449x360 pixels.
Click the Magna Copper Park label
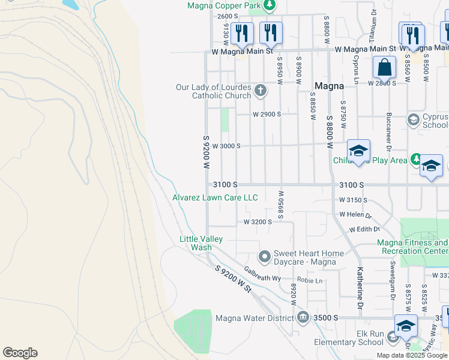pyautogui.click(x=224, y=5)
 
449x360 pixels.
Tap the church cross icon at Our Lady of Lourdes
pyautogui.click(x=260, y=91)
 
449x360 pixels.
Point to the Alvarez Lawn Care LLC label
pyautogui.click(x=215, y=197)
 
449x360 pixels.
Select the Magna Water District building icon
pyautogui.click(x=303, y=317)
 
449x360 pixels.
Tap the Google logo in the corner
pyautogui.click(x=20, y=353)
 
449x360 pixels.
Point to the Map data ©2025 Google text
pyautogui.click(x=412, y=355)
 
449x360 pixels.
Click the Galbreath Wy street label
pyautogui.click(x=262, y=274)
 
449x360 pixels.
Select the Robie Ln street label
pyautogui.click(x=310, y=280)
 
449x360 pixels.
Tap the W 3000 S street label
pyautogui.click(x=226, y=146)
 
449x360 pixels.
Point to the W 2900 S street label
pyautogui.click(x=267, y=114)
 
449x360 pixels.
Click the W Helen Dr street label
pyautogui.click(x=355, y=214)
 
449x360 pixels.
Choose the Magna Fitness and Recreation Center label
pyautogui.click(x=412, y=247)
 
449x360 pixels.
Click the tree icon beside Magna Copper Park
pyautogui.click(x=270, y=5)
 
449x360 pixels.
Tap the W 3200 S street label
pyautogui.click(x=258, y=222)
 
